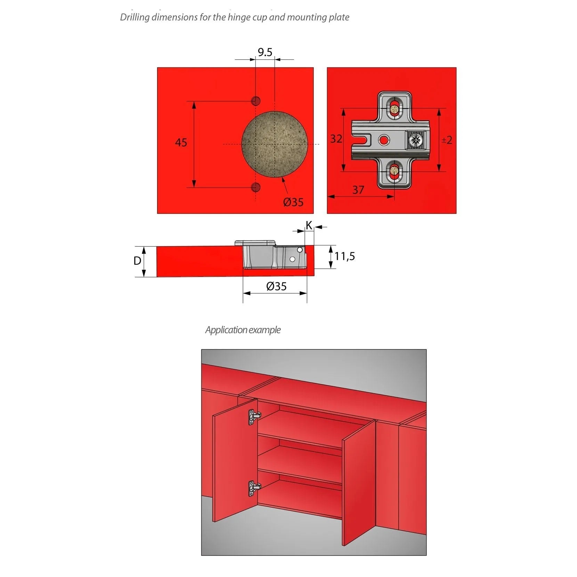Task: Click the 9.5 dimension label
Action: coord(265,52)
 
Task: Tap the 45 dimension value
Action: coord(181,143)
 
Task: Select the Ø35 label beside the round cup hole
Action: coord(293,202)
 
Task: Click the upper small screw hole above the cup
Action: coord(256,101)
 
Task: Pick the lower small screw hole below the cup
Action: coord(256,188)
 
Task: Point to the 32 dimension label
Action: coord(336,139)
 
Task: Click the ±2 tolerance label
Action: coord(447,140)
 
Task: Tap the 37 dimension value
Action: coord(358,190)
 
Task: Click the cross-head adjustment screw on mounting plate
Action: coord(415,140)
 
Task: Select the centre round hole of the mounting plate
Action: coord(384,140)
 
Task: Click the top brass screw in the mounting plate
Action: coord(394,109)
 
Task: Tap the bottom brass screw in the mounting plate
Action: coord(394,170)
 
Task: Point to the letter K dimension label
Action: coord(309,226)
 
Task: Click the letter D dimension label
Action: coord(137,261)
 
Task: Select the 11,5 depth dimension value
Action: coord(344,257)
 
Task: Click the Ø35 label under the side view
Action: coord(276,286)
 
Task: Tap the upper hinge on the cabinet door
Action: coord(254,417)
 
